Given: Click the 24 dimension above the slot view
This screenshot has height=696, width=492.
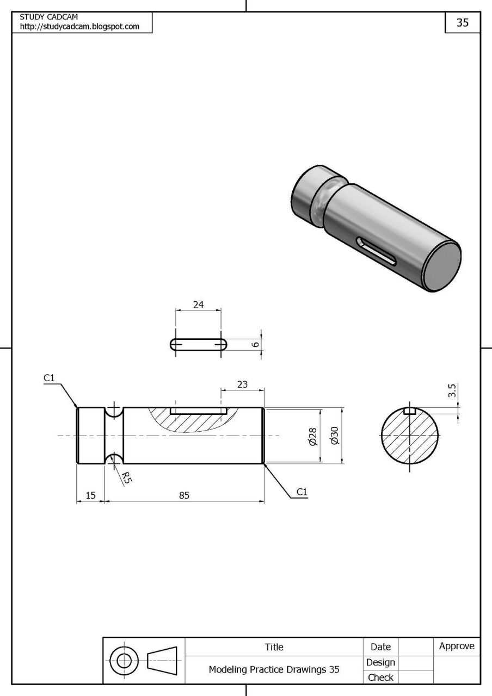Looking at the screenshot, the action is point(199,304).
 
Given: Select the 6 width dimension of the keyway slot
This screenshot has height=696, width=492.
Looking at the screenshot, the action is point(255,344).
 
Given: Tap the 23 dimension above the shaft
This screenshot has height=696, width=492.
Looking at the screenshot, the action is point(242,384).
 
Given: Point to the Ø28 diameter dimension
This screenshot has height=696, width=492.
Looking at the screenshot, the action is point(313,437).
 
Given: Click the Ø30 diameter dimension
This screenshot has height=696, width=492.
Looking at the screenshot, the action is point(335,436).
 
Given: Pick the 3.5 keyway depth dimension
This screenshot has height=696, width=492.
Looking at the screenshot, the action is point(452,390).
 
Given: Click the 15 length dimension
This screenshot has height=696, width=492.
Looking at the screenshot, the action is point(90,495).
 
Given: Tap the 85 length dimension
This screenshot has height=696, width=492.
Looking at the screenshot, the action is point(184,495).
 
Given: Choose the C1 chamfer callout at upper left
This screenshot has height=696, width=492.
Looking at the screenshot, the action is point(49,378).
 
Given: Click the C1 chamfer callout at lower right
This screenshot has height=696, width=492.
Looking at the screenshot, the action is point(302,492).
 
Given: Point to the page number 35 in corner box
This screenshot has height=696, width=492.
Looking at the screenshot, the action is point(463,22).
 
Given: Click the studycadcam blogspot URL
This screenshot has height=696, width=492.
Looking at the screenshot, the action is point(79,27).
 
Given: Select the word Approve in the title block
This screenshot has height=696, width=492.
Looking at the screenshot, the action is point(457,646).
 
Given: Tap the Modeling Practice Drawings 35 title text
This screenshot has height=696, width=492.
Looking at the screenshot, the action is point(274,669).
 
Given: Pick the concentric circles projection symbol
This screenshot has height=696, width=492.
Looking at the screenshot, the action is point(124,661).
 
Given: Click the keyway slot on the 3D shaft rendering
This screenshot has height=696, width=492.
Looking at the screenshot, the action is point(376,251).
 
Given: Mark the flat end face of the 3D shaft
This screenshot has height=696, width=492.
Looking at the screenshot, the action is point(442,267).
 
